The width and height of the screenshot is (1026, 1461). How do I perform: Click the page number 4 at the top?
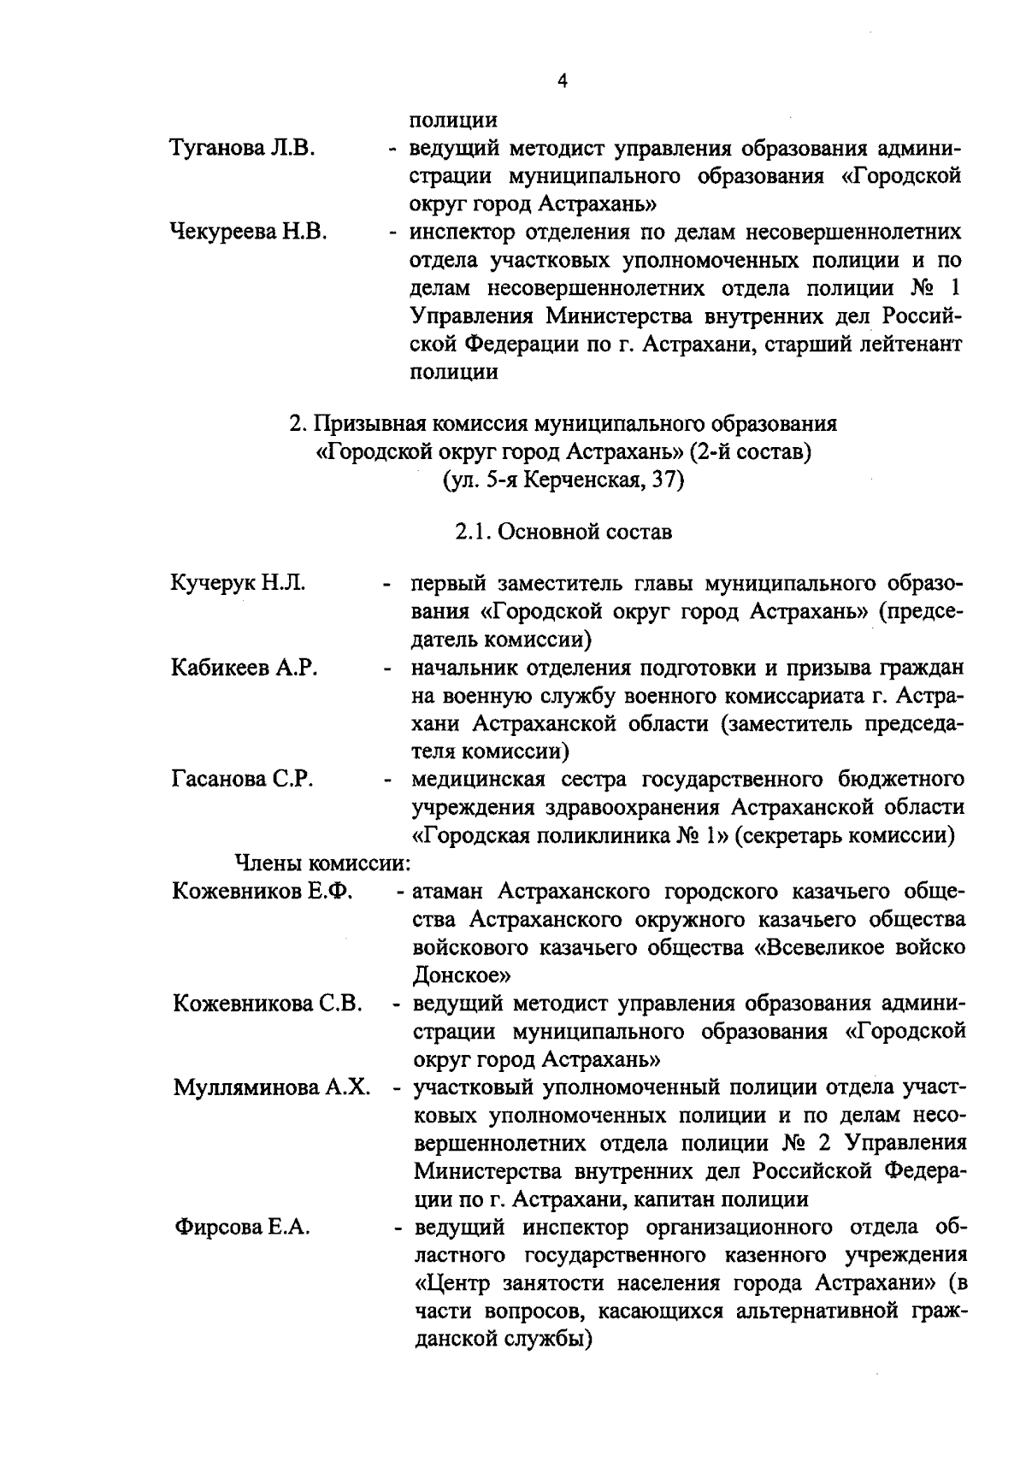562,82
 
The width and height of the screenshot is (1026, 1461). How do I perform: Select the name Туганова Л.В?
244,149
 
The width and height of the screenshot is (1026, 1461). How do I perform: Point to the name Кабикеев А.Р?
245,668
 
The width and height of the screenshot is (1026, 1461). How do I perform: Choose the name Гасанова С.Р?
243,780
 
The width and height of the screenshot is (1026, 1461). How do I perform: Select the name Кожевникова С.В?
268,1004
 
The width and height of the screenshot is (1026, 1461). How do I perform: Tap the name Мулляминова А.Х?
272,1088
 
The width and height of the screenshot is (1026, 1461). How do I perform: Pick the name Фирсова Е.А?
242,1228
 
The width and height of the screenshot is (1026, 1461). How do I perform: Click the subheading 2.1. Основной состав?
563,532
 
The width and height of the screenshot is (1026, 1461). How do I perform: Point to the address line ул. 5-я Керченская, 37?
563,480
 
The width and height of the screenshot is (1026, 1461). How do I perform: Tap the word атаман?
448,892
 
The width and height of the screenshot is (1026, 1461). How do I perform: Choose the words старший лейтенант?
861,344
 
